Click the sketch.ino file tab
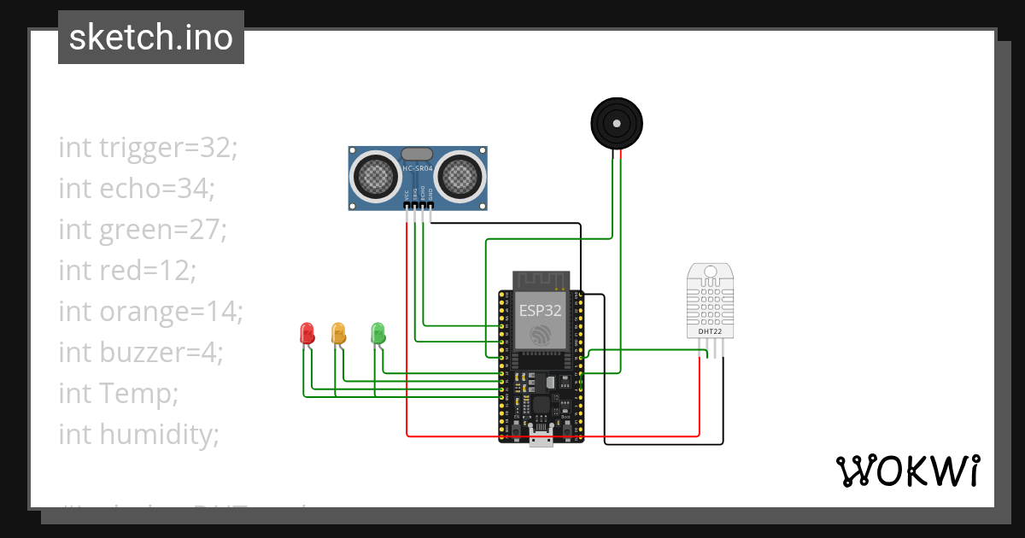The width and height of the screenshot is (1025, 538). coord(151,38)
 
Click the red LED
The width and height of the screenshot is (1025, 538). coord(307,333)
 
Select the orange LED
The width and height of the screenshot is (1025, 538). coord(338,333)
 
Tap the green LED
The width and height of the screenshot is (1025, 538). coord(378,333)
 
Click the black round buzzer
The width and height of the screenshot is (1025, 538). coord(617,123)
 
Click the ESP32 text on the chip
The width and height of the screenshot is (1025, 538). coord(541,311)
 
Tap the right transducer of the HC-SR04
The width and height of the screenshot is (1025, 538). coord(459,177)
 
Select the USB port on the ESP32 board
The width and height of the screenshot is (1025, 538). coord(541,441)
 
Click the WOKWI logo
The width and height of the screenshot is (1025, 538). coord(906,471)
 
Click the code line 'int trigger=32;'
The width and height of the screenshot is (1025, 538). coord(148,147)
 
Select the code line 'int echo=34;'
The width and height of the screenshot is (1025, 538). coord(137,188)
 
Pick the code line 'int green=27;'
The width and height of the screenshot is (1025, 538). coord(142,229)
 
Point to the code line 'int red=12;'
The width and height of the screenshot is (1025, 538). coord(127,270)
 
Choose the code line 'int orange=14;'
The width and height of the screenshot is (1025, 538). coord(150,311)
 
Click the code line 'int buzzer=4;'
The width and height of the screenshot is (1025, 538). coord(141,352)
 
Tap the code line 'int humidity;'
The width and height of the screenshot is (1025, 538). coord(138,434)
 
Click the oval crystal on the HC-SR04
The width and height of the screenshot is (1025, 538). coord(417,154)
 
